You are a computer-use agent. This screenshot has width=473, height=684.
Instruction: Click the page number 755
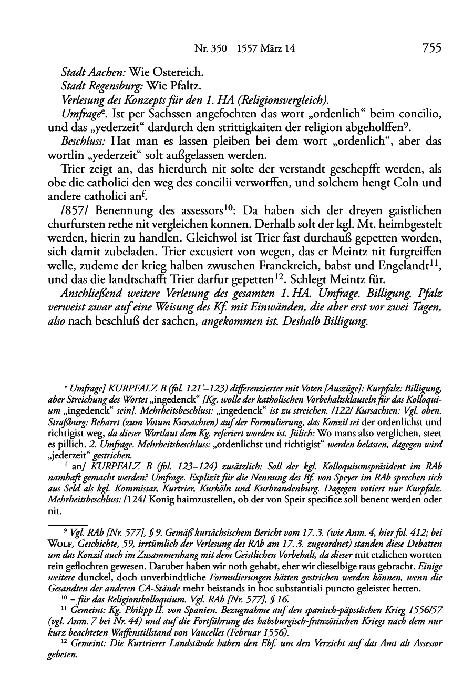click(430, 48)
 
